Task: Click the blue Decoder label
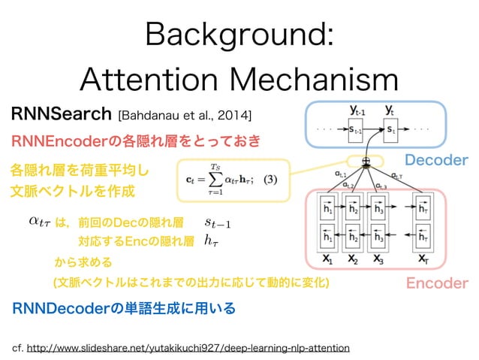(436, 161)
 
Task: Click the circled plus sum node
(366, 161)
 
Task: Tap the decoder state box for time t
(392, 130)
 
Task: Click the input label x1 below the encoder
(327, 259)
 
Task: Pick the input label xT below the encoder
(424, 259)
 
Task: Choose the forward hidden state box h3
(378, 210)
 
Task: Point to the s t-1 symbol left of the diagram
(218, 222)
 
